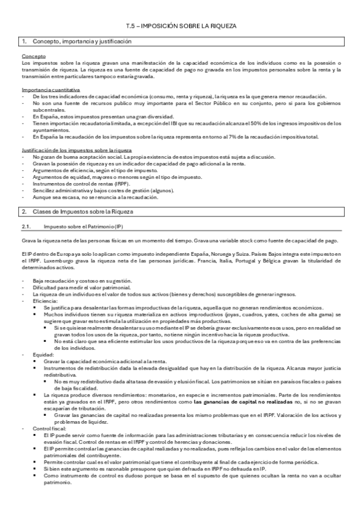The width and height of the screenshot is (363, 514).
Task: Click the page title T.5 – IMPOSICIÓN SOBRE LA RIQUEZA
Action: (x=181, y=26)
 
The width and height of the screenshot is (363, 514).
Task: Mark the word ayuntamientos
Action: (x=51, y=130)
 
